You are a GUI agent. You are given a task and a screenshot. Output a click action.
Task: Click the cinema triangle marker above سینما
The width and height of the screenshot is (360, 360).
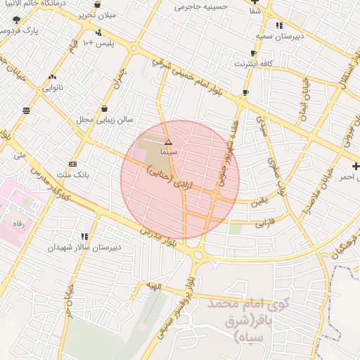pos(167,142)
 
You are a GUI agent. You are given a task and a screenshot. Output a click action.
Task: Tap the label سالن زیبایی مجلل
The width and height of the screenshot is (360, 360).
pos(105,120)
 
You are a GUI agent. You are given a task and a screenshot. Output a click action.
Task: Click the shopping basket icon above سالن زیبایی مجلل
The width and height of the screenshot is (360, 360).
pos(105,109)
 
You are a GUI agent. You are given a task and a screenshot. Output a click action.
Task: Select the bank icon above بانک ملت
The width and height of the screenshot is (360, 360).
pos(73,163)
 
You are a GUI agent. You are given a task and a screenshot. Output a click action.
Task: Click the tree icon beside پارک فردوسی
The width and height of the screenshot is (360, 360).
pos(16,20)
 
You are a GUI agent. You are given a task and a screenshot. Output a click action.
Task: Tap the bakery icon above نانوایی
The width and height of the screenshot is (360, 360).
pos(52,77)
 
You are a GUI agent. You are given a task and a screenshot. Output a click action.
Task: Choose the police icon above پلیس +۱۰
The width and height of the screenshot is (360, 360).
pos(98,32)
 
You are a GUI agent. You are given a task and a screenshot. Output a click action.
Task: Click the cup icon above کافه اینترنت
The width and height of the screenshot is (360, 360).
pos(253,53)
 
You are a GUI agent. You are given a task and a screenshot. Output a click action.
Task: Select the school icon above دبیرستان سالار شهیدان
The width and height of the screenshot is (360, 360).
pos(84,236)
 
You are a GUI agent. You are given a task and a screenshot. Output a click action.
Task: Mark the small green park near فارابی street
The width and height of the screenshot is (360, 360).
pos(236,229)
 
